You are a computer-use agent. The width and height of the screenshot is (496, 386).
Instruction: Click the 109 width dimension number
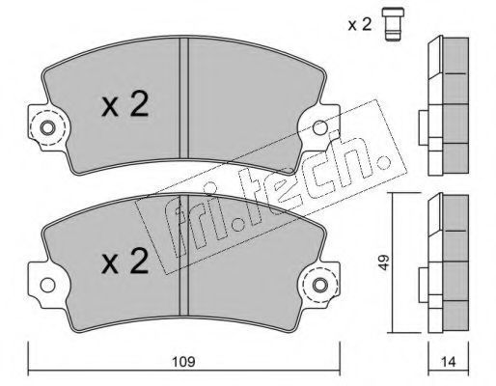point(183,362)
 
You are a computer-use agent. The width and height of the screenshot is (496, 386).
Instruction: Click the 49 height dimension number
point(383,262)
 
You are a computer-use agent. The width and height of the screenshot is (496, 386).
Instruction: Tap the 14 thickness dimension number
point(449,362)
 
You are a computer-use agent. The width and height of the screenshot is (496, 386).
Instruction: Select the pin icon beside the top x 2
point(393,24)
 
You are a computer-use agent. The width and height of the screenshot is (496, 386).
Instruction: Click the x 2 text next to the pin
point(360,24)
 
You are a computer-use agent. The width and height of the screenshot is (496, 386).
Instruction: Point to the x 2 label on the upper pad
point(125,104)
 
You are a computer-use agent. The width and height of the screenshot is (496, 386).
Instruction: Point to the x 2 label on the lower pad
point(125,262)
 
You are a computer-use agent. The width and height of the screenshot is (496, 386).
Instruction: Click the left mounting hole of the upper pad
point(47,128)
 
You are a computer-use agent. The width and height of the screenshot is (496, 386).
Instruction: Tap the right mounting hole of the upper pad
point(320,127)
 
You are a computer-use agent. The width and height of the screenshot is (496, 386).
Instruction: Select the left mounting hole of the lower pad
point(47,285)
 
